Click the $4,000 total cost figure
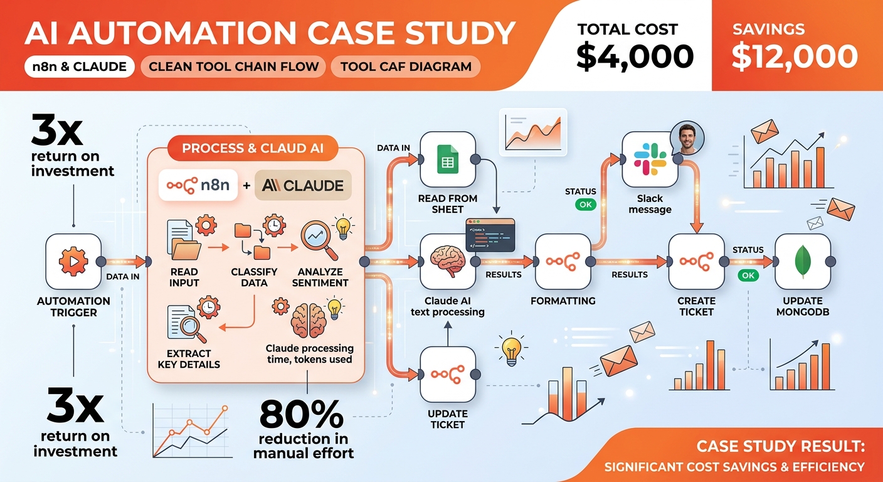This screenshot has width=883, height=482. (635, 56)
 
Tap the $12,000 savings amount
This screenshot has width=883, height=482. (795, 56)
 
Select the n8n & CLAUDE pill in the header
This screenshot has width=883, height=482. (79, 67)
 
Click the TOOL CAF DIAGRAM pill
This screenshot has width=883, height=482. (406, 67)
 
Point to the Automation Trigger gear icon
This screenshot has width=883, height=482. (73, 261)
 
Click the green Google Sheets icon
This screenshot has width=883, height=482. (448, 159)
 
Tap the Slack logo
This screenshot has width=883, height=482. (650, 159)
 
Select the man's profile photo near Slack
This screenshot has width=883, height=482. (687, 138)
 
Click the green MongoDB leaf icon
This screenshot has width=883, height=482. (803, 262)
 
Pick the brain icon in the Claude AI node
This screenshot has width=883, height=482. (447, 261)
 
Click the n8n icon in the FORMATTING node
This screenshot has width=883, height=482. (563, 262)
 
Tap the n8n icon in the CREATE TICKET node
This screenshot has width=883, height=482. (697, 262)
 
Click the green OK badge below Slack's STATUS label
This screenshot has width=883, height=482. (585, 205)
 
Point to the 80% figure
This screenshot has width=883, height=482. (302, 414)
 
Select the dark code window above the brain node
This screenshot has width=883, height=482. (490, 235)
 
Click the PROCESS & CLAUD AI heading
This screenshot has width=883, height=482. (253, 148)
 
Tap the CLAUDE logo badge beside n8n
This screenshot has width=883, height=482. (303, 185)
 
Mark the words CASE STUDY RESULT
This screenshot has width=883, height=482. (781, 446)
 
